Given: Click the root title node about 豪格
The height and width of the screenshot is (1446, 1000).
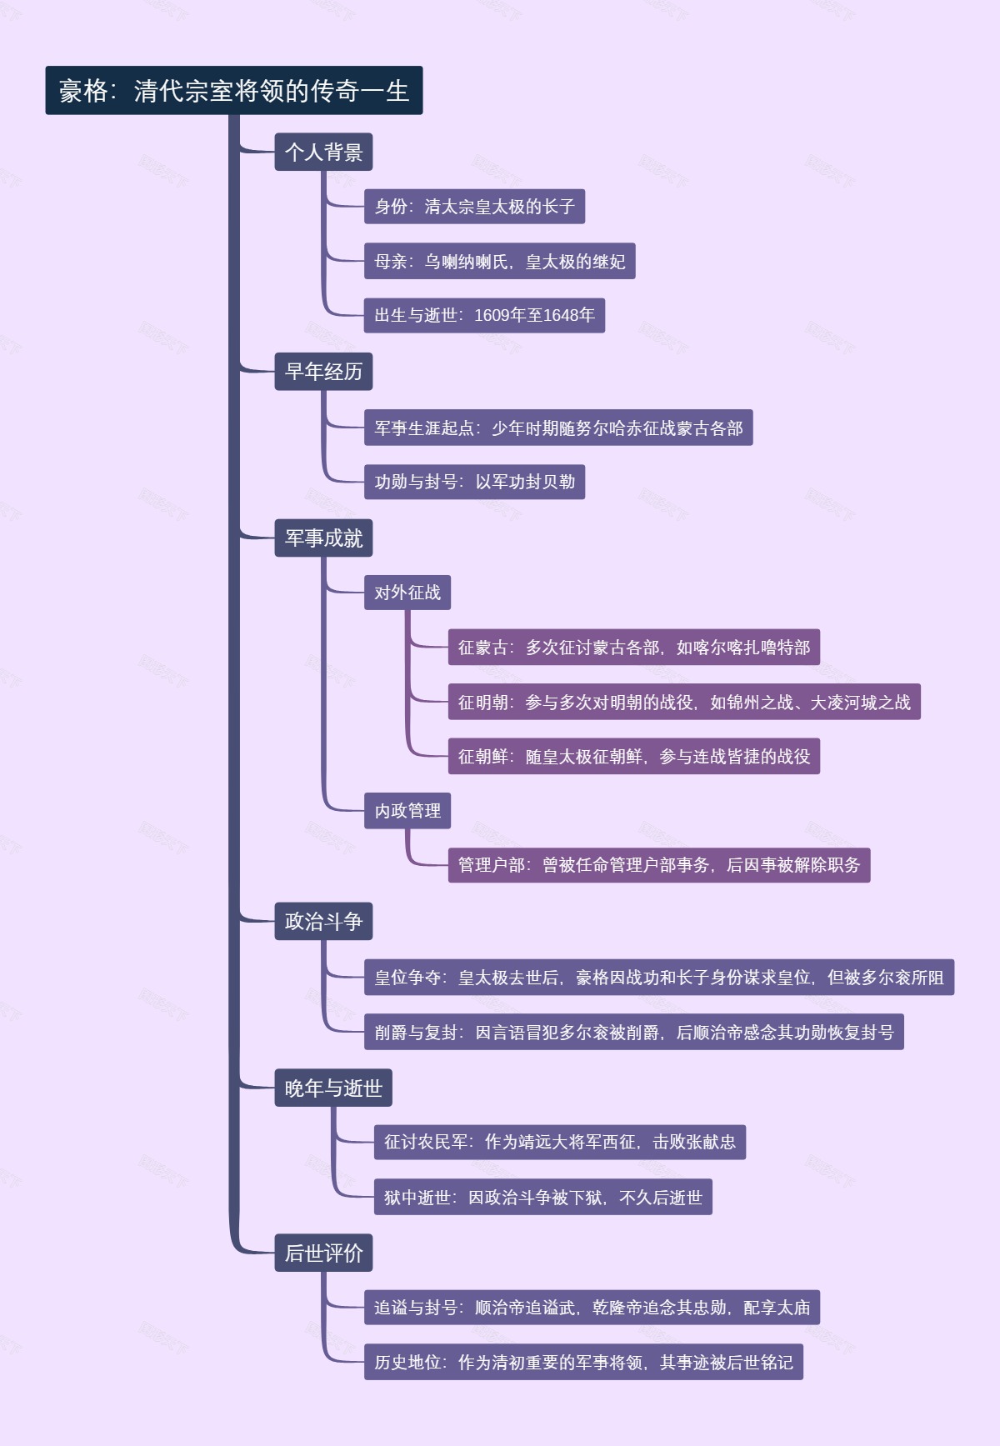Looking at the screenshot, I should click(x=233, y=90).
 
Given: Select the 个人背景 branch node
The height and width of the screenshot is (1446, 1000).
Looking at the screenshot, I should click(x=323, y=152).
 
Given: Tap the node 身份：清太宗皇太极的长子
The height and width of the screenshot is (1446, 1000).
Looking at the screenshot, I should click(x=474, y=207).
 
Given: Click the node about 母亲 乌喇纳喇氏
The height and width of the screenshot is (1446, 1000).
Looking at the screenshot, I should click(x=499, y=262).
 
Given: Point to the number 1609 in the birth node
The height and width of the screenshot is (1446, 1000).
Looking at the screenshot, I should click(x=491, y=315).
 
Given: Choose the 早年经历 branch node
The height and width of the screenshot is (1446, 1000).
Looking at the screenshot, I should click(x=323, y=372).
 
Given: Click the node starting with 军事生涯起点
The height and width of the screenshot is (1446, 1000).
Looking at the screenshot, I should click(x=557, y=428).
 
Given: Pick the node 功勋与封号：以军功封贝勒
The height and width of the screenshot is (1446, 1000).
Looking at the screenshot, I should click(x=474, y=482).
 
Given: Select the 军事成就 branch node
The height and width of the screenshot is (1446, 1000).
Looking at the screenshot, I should click(x=323, y=538).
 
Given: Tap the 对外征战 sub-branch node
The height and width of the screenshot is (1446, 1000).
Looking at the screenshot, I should click(x=407, y=593).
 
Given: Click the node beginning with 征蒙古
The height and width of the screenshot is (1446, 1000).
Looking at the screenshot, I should click(x=633, y=648).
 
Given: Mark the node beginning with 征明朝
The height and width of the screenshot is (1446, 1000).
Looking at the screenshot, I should click(x=683, y=702).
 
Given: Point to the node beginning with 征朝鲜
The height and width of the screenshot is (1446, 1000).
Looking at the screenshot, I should click(x=633, y=756).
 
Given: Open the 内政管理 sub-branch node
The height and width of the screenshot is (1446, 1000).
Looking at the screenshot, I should click(x=407, y=811).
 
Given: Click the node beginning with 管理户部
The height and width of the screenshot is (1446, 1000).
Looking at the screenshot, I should click(x=658, y=865).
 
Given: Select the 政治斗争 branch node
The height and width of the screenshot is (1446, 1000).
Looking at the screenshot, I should click(x=323, y=921).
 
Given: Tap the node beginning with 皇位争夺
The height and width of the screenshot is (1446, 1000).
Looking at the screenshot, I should click(x=658, y=977).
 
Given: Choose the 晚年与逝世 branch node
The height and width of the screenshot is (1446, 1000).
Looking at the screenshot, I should click(x=332, y=1088).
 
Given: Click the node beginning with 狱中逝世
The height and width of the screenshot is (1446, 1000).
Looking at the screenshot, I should click(x=542, y=1197).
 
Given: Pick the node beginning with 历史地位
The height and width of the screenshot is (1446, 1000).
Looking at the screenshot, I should click(x=583, y=1362).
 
